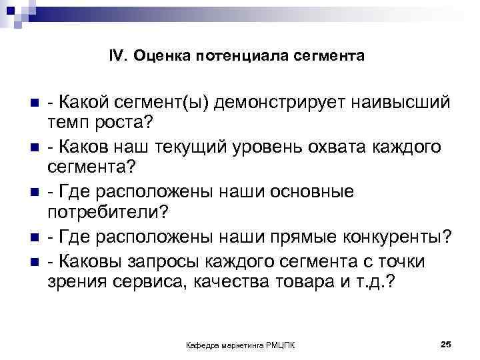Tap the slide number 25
[x=446, y=343]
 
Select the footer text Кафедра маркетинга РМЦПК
[x=243, y=344]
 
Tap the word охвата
[x=347, y=146]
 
